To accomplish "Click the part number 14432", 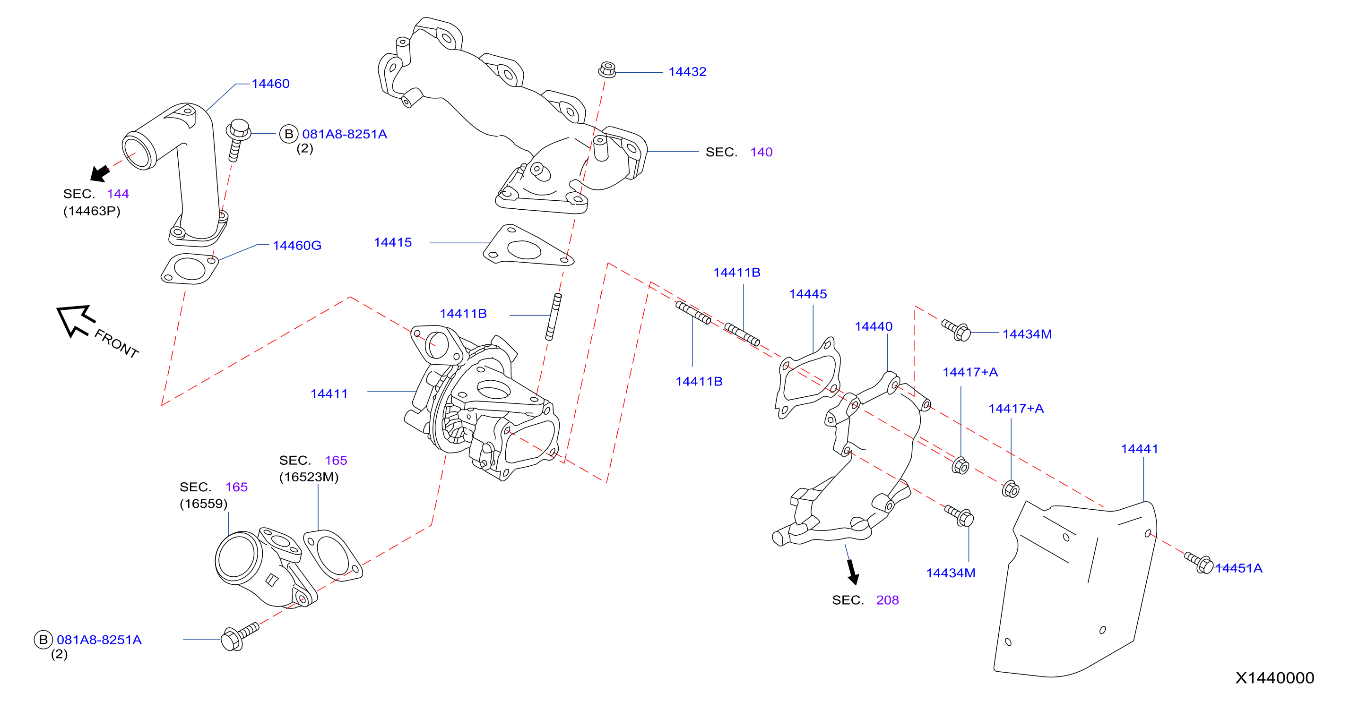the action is click(687, 72).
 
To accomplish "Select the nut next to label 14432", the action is click(607, 69).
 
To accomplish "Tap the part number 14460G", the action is click(297, 245).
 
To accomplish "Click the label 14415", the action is click(393, 242).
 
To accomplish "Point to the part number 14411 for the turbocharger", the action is click(329, 393).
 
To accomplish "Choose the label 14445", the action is click(808, 294).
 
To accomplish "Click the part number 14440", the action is click(874, 326).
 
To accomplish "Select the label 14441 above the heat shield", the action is click(1139, 449).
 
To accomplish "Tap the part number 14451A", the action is click(1239, 568).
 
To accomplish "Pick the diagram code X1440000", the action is click(1275, 678).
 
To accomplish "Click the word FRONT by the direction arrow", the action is click(117, 343).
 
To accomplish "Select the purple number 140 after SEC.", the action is click(761, 152).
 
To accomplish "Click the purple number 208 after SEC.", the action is click(887, 600).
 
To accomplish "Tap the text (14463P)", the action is click(92, 211).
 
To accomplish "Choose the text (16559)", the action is click(204, 503).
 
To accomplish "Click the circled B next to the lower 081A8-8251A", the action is click(43, 640).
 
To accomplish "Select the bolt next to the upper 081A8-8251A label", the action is click(238, 139).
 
